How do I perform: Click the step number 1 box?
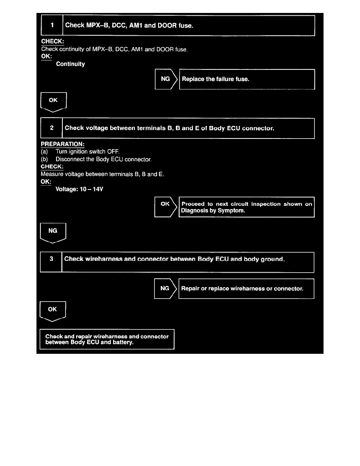click(52, 25)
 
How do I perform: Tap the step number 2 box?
click(52, 128)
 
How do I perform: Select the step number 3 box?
click(51, 259)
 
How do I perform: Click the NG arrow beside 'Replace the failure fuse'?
click(165, 79)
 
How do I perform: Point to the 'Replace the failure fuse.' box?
click(247, 79)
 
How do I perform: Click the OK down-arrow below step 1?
click(54, 102)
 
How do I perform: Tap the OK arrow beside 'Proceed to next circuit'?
click(165, 207)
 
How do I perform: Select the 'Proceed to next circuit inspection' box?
click(247, 207)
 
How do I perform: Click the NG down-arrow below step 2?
click(53, 232)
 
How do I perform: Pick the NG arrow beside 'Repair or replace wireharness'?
click(165, 289)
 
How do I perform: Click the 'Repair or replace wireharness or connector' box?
click(246, 289)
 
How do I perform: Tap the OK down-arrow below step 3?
click(53, 311)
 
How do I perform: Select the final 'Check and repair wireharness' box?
click(107, 339)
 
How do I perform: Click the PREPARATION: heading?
click(60, 144)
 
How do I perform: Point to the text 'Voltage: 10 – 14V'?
click(80, 189)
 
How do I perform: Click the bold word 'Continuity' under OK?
click(71, 64)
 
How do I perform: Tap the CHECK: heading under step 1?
click(53, 42)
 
